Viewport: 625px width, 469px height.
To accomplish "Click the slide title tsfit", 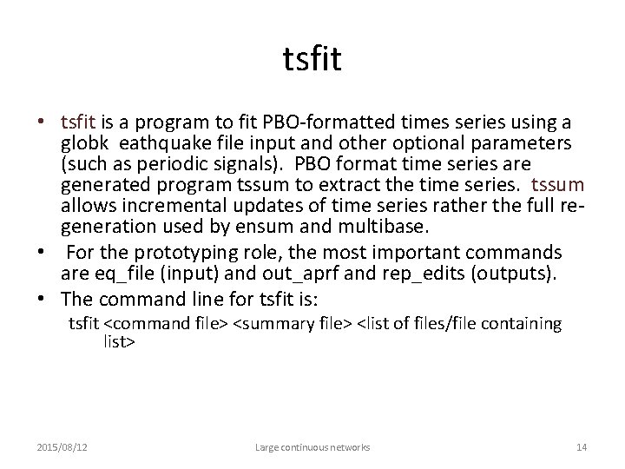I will [312, 60].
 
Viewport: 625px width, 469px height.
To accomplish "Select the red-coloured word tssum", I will [557, 186].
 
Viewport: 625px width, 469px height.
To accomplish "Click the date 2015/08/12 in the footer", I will [61, 446].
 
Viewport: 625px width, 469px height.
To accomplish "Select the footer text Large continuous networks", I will [312, 446].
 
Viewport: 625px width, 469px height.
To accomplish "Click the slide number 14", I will [582, 446].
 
